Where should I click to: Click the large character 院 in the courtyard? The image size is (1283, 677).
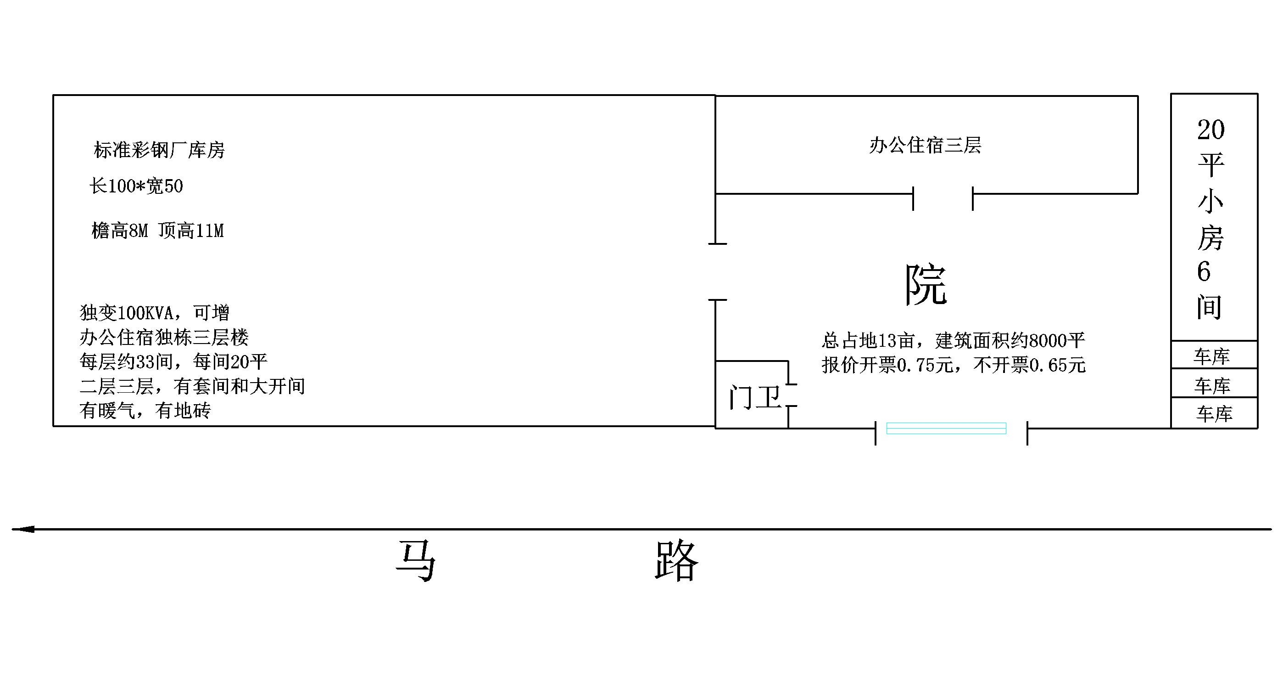pyautogui.click(x=926, y=285)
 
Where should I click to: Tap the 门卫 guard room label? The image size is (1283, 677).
pyautogui.click(x=754, y=397)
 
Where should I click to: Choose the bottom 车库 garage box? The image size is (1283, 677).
pyautogui.click(x=1214, y=413)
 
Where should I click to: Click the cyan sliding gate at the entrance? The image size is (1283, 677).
pyautogui.click(x=946, y=428)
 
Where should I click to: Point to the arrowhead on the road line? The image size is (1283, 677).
pyautogui.click(x=23, y=529)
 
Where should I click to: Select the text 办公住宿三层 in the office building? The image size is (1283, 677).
pyautogui.click(x=925, y=146)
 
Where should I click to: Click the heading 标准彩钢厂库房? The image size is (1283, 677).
pyautogui.click(x=159, y=150)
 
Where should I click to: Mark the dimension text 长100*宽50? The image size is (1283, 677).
pyautogui.click(x=136, y=186)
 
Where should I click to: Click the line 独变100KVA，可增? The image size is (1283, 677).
pyautogui.click(x=154, y=313)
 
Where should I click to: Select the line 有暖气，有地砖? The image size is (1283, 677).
pyautogui.click(x=145, y=411)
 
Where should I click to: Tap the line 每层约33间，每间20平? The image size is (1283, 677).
pyautogui.click(x=173, y=362)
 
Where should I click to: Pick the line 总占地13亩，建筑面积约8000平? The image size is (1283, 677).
pyautogui.click(x=953, y=340)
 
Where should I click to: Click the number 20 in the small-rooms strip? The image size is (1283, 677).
pyautogui.click(x=1211, y=130)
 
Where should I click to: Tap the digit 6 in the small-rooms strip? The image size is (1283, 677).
pyautogui.click(x=1204, y=272)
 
